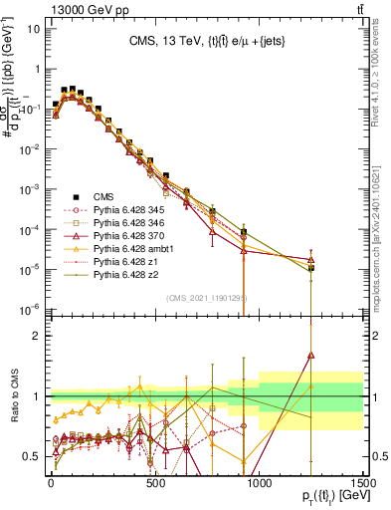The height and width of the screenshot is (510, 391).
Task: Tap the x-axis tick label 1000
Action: point(259,484)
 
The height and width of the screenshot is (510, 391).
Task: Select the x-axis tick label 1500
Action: point(363,484)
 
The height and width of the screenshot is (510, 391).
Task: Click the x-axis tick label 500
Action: point(155,484)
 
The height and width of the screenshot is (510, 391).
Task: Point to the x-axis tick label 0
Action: point(51,484)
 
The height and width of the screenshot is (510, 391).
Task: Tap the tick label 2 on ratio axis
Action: point(37,336)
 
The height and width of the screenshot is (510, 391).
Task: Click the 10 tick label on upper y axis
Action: point(33,29)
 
